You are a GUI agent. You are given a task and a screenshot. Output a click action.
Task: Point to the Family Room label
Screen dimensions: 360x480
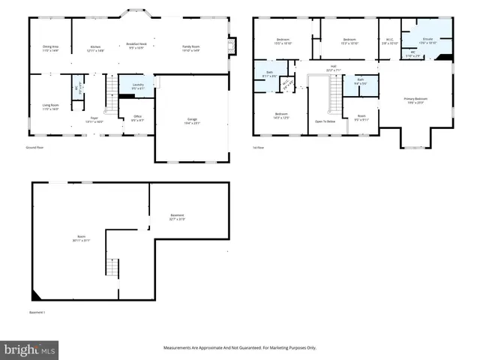(190, 49)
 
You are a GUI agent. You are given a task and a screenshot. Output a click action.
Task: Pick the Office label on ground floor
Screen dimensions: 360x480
(137, 118)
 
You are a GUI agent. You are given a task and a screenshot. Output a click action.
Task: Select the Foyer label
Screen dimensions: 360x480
(95, 119)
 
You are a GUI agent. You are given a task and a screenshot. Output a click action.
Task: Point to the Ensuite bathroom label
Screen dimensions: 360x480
(427, 40)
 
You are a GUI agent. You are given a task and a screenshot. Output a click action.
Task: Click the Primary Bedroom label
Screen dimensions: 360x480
(415, 100)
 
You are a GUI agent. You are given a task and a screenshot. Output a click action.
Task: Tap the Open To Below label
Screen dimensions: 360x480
(325, 121)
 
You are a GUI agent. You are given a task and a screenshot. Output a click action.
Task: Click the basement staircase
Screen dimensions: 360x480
(112, 267)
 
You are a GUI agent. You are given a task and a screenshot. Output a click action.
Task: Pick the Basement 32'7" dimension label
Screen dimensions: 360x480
(177, 218)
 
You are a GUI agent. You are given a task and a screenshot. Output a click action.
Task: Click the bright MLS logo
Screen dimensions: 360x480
(29, 349)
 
